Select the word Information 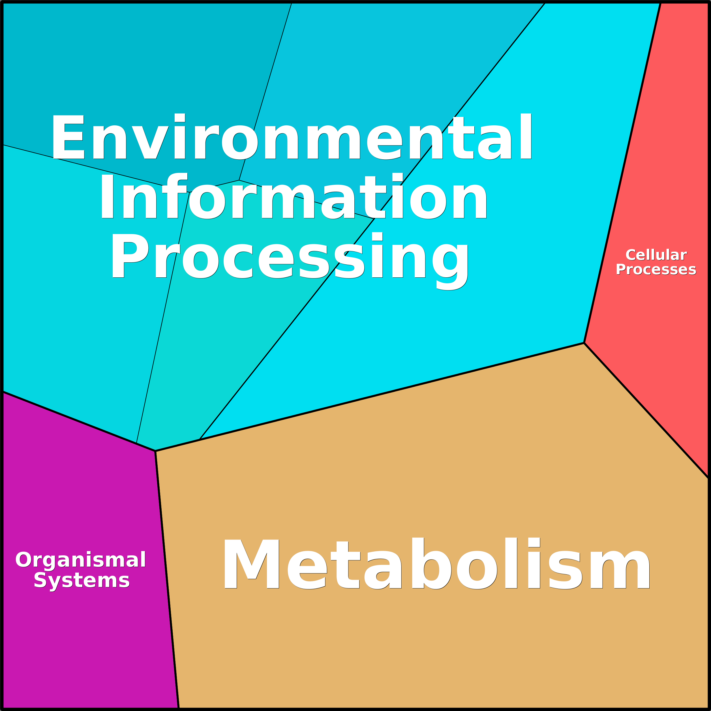pyautogui.click(x=293, y=197)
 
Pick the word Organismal pyautogui.click(x=81, y=560)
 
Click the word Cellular pyautogui.click(x=656, y=255)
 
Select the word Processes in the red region pyautogui.click(x=656, y=269)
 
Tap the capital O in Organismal pyautogui.click(x=23, y=560)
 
